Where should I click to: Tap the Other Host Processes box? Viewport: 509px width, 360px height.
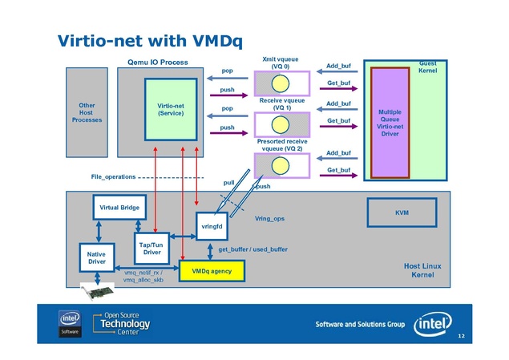coord(87,112)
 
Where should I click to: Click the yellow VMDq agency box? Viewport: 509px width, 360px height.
coord(211,271)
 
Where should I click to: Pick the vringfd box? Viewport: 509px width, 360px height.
coord(212,227)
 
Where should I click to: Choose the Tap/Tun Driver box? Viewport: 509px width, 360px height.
coord(151,248)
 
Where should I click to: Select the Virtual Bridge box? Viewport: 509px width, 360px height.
coord(119,208)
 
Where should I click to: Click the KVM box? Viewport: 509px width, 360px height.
coord(402,212)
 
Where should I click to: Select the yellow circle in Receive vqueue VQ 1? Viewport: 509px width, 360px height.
coord(281,125)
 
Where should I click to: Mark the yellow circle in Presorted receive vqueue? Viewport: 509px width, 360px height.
coord(281,166)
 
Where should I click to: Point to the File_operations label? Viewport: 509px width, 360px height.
coord(109,176)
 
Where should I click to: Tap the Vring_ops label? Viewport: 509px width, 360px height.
coord(269,218)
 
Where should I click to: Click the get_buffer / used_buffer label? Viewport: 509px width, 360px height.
coord(252,249)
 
